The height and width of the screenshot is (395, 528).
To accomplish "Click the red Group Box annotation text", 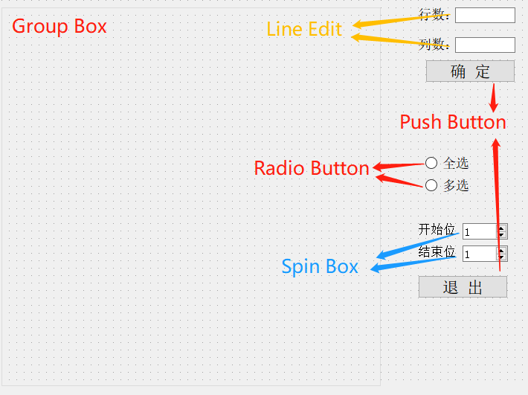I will (59, 27).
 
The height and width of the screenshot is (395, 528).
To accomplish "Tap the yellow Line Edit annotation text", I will (304, 30).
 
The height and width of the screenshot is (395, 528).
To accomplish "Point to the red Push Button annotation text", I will (453, 122).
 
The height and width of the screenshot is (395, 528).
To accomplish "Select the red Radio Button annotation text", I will (312, 168).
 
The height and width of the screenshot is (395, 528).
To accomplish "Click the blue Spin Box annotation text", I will (320, 266).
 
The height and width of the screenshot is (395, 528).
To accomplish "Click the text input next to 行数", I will (485, 15).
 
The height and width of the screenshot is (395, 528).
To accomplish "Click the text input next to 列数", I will (485, 45).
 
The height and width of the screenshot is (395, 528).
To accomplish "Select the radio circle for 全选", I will (431, 164).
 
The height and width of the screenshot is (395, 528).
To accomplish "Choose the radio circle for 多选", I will (431, 185).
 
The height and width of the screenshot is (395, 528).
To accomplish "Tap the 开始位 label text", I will (437, 229).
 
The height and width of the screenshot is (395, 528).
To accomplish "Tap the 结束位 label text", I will (437, 251).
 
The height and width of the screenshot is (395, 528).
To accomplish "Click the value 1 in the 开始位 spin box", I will (467, 233).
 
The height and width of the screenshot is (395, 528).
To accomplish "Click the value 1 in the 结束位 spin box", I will (467, 255).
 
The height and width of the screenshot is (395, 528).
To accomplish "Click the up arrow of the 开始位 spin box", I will (503, 228).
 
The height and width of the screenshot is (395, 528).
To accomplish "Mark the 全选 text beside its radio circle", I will (456, 164).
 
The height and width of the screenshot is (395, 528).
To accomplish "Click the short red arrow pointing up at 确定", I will (493, 97).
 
